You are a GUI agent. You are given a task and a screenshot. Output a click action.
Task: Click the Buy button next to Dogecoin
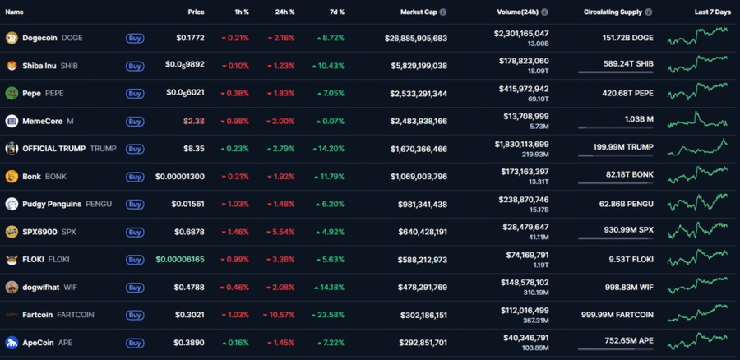134,38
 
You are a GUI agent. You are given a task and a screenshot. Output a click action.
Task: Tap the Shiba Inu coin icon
12,66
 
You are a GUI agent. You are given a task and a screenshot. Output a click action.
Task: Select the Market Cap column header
419,12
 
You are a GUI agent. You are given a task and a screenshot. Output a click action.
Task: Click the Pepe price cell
184,94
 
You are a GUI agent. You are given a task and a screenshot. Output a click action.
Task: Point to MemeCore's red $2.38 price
193,122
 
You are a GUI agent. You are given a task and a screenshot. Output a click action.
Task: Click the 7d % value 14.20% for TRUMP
330,150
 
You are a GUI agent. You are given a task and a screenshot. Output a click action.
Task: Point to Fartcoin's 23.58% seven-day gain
330,315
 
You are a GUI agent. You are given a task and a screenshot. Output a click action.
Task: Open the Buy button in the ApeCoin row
134,343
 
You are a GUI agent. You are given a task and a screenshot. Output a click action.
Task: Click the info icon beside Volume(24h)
544,12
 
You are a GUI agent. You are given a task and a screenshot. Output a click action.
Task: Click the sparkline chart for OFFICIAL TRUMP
697,149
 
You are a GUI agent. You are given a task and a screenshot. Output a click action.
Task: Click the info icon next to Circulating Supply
649,12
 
